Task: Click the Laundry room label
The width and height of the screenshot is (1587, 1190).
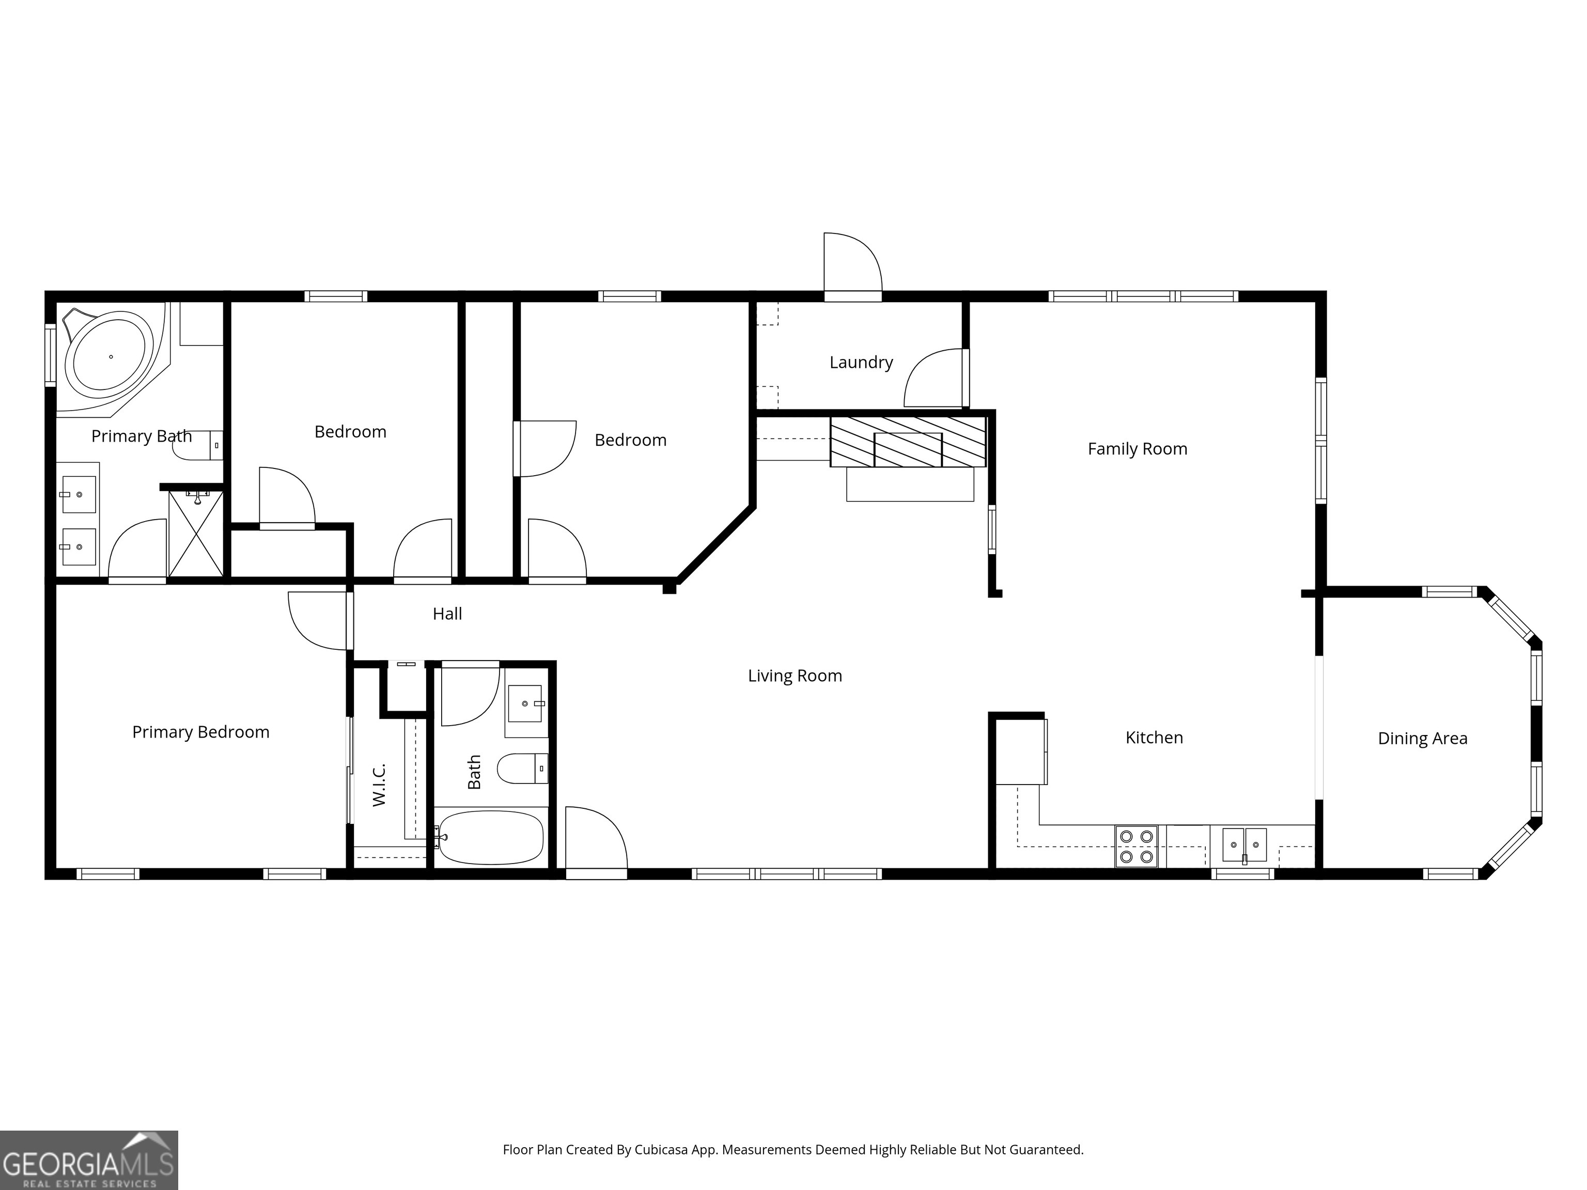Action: pyautogui.click(x=861, y=362)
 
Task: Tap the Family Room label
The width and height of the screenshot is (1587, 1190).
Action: pyautogui.click(x=1137, y=449)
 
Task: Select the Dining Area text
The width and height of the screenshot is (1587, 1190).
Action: pyautogui.click(x=1423, y=738)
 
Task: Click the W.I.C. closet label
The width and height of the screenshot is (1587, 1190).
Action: pyautogui.click(x=380, y=784)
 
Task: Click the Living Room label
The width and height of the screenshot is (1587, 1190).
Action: pyautogui.click(x=795, y=676)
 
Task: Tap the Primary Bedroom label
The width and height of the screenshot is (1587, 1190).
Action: pyautogui.click(x=201, y=732)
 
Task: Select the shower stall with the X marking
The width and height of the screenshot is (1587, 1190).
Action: pyautogui.click(x=196, y=533)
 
